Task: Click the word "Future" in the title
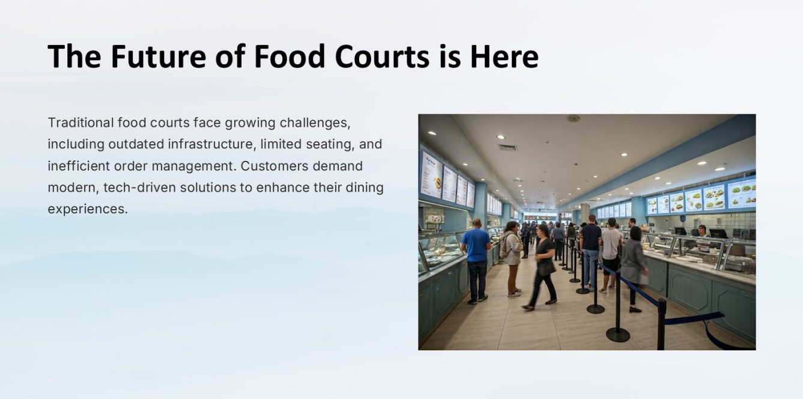point(159,56)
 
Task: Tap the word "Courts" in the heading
point(382,56)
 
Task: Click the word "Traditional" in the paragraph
point(80,123)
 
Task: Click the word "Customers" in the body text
point(274,166)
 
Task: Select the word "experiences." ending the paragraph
point(88,209)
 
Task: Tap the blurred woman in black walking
point(542,267)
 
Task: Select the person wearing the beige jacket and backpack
point(512,259)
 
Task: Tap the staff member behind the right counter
point(702,231)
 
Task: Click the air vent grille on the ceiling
point(508,147)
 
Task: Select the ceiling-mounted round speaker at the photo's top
point(573,118)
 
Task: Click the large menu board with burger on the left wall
point(431,175)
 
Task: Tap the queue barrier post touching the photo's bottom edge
point(661,324)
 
